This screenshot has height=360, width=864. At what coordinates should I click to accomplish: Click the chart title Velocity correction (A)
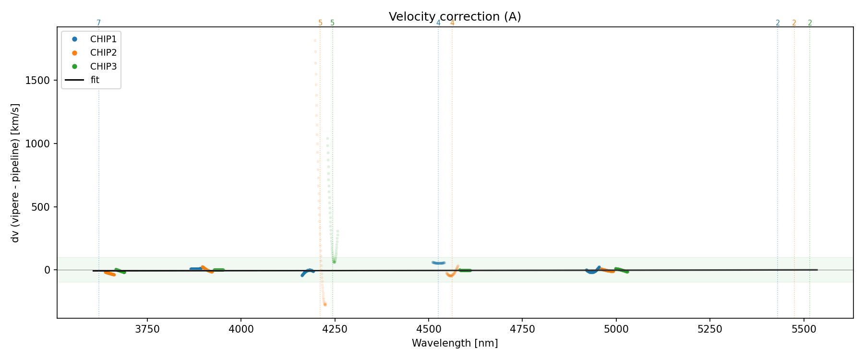(455, 17)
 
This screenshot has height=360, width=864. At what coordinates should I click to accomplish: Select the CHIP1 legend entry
(103, 39)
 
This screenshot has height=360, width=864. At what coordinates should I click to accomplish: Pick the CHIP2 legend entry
(103, 53)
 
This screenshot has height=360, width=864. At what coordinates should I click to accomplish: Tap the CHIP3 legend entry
(103, 66)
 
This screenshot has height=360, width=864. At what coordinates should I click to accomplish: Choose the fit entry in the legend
(95, 80)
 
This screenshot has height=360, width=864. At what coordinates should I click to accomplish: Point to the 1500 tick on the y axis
(37, 81)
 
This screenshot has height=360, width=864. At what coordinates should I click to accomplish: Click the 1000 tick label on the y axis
(37, 144)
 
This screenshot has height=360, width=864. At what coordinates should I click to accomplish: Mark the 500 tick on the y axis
(40, 207)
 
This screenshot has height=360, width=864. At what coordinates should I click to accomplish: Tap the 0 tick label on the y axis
(47, 270)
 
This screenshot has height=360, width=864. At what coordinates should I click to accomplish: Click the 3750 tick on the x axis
(147, 329)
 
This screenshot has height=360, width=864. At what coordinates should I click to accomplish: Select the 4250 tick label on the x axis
(335, 329)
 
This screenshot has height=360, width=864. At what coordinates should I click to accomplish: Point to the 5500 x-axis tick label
(804, 329)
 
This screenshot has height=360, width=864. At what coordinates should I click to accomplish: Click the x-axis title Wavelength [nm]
(455, 343)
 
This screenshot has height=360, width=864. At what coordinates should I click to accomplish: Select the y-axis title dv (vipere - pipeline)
(15, 173)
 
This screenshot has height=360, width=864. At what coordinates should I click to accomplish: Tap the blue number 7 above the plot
(99, 23)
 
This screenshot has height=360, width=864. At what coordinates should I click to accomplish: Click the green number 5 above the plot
(332, 23)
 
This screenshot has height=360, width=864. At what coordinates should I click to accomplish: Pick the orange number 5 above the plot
(320, 23)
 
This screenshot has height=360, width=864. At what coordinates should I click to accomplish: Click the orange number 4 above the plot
(452, 23)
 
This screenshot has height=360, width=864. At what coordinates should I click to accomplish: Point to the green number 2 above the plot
(810, 23)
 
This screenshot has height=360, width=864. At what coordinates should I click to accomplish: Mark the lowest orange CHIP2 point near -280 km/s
(325, 304)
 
